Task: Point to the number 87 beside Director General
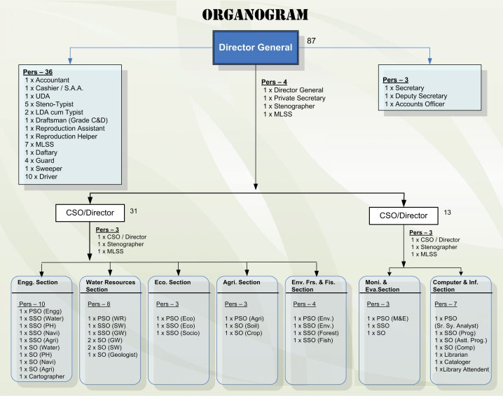312,42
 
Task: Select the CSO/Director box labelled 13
403,214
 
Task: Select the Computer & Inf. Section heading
457,285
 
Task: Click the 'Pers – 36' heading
38,72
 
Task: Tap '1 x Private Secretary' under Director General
294,98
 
